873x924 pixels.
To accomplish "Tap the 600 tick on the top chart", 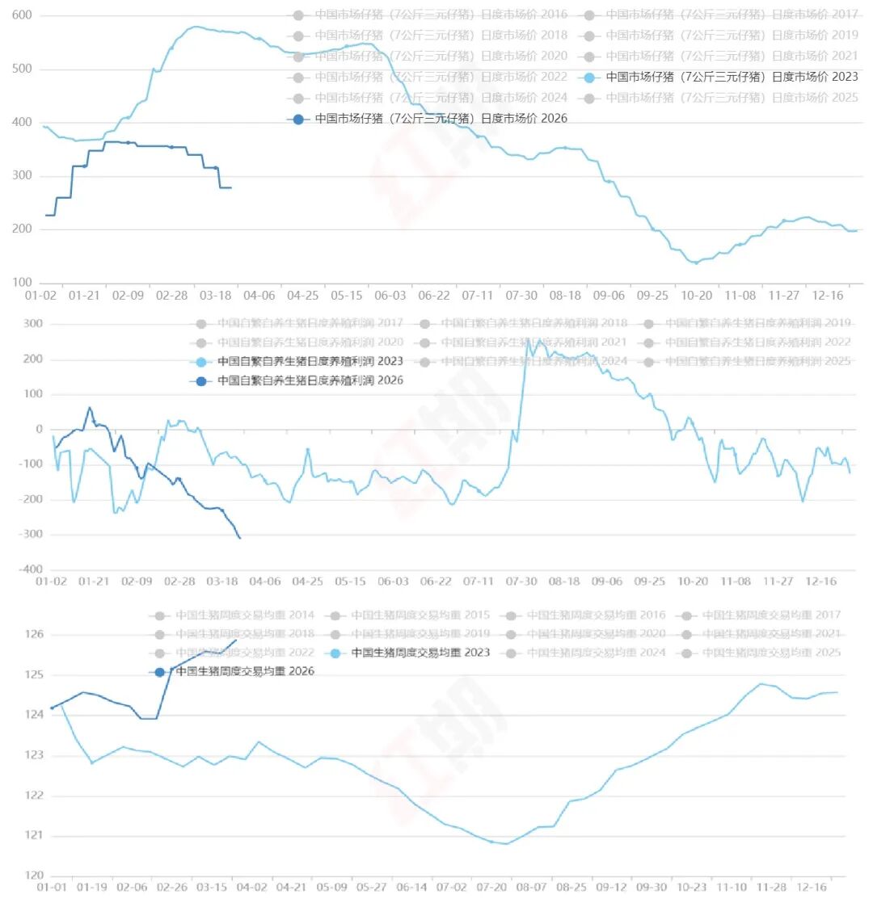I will pyautogui.click(x=22, y=15).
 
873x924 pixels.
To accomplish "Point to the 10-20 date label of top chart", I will pyautogui.click(x=696, y=296).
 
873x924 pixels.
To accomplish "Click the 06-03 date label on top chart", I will pyautogui.click(x=390, y=296).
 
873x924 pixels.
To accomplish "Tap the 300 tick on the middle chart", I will pyautogui.click(x=32, y=324).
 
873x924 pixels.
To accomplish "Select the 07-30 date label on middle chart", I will pyautogui.click(x=521, y=582).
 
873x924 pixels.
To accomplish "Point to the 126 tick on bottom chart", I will pyautogui.click(x=34, y=635).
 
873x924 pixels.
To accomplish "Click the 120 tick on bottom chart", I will pyautogui.click(x=34, y=876).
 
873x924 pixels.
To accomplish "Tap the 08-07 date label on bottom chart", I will pyautogui.click(x=531, y=887).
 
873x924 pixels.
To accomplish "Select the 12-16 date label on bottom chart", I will pyautogui.click(x=812, y=887).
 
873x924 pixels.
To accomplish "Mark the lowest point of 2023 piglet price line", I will pyautogui.click(x=695, y=263).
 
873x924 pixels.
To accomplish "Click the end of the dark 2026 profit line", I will pyautogui.click(x=240, y=538).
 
